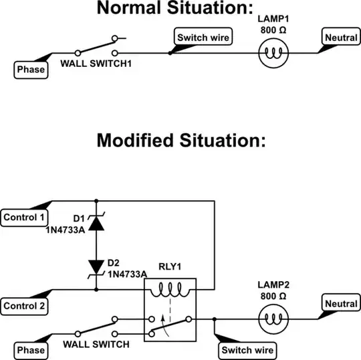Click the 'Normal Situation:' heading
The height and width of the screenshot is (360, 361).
180,9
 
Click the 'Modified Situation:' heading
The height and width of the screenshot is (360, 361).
180,141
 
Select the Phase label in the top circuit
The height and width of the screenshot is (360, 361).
31,70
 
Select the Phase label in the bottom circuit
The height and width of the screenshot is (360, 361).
31,350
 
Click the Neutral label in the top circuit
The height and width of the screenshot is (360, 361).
341,38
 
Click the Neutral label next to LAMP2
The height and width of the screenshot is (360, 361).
342,304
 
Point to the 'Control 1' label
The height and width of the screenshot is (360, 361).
25,217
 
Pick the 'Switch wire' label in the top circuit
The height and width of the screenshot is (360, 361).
203,37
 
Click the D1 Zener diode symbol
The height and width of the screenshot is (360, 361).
97,222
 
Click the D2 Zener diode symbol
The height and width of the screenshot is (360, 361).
97,268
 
